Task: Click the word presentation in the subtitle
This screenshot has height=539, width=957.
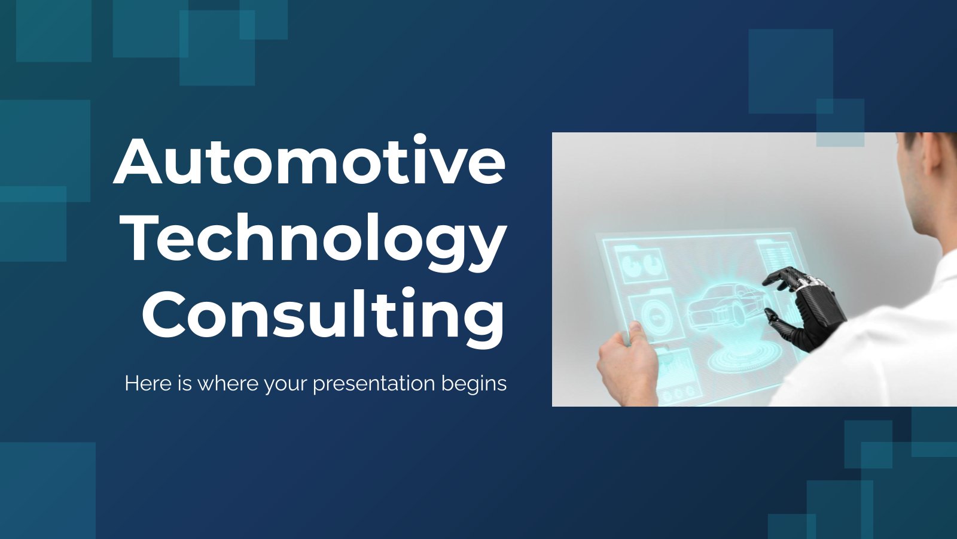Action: [374, 384]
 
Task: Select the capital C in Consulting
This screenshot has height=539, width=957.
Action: [164, 314]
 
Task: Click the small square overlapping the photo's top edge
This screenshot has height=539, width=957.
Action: [840, 123]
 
